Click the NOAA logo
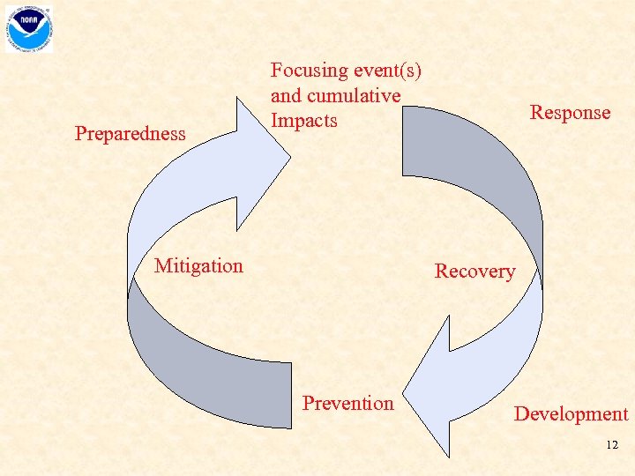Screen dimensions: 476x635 (x=29, y=28)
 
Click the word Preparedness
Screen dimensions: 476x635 (x=131, y=134)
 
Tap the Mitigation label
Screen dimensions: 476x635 (x=198, y=265)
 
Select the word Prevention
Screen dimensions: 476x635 (x=348, y=403)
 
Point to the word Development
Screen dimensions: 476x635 (x=571, y=414)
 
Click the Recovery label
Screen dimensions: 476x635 (x=474, y=271)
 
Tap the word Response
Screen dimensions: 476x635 (x=570, y=112)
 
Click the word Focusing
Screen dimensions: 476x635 (x=310, y=70)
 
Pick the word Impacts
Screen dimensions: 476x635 (x=304, y=120)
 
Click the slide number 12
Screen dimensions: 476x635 (x=612, y=446)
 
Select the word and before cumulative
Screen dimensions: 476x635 (x=286, y=95)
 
